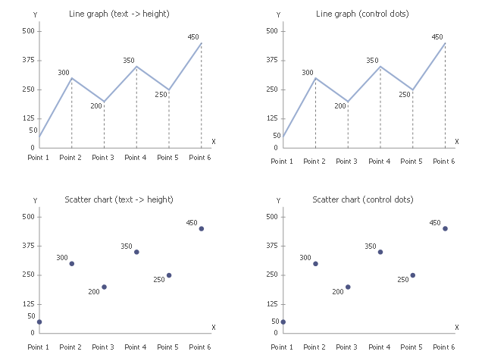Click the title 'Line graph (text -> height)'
[x=119, y=14]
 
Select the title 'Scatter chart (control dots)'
[x=363, y=199]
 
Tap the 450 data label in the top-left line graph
[x=193, y=37]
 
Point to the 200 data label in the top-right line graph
[x=340, y=106]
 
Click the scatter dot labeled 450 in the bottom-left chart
[x=202, y=229]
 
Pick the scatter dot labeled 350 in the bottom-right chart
[x=380, y=252]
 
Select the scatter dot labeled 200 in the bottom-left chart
[x=105, y=287]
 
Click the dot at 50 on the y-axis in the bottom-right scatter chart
[x=283, y=322]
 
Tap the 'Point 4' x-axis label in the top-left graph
[x=135, y=158]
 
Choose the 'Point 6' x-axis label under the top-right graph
[x=444, y=162]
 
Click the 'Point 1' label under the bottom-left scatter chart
[x=39, y=347]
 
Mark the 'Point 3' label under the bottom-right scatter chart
[x=346, y=347]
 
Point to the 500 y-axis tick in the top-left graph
[x=28, y=31]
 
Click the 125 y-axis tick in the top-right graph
[x=272, y=118]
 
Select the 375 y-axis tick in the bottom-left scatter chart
[x=28, y=246]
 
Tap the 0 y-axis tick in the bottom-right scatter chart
[x=276, y=333]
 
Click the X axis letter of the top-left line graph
[x=214, y=142]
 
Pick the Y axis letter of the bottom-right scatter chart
[x=278, y=201]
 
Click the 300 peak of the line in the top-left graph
[x=72, y=78]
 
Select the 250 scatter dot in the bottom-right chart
[x=412, y=275]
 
